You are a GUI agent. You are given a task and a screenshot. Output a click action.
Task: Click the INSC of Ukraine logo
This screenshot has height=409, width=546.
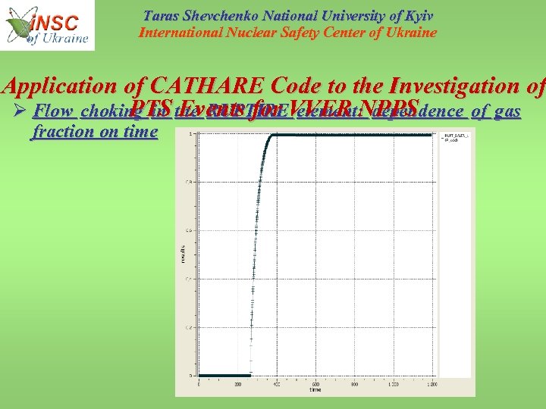click(x=49, y=25)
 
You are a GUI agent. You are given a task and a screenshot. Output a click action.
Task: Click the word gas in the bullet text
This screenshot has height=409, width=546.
click(x=507, y=112)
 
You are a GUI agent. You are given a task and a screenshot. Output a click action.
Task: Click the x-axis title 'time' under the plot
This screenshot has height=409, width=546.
click(x=315, y=389)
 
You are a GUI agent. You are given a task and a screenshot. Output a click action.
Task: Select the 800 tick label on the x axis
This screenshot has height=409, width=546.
click(x=353, y=383)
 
